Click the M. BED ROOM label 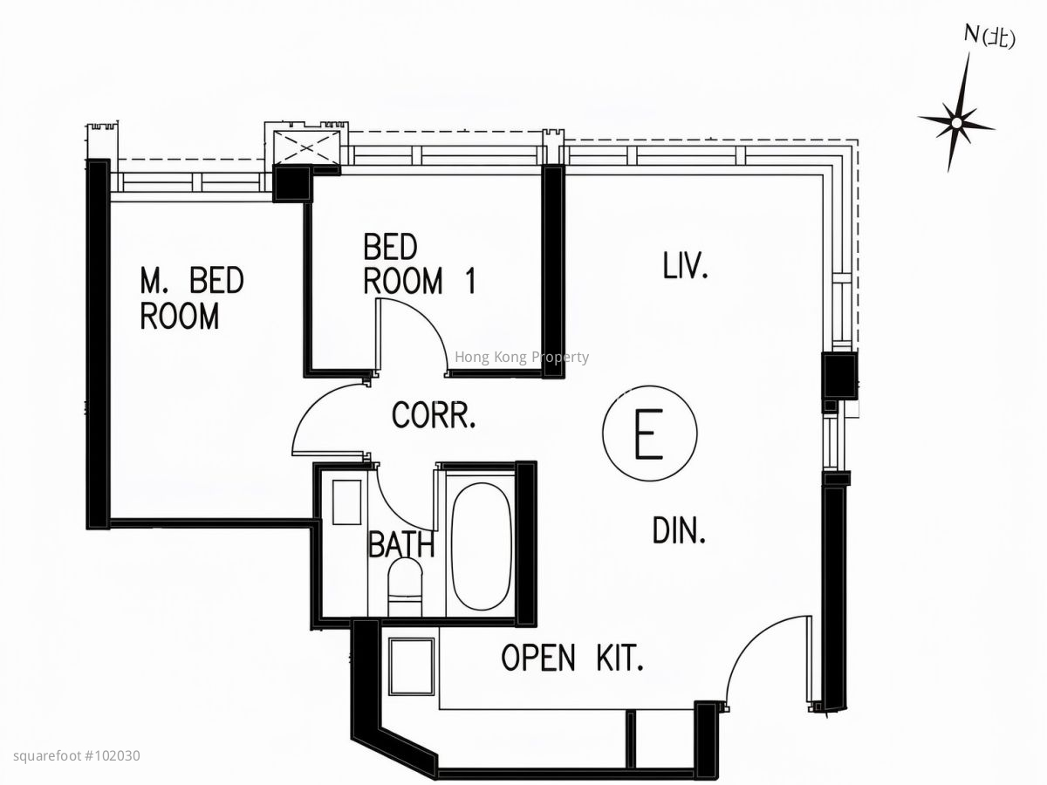[x=192, y=298]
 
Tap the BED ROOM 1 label [x=420, y=264]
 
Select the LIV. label [x=686, y=266]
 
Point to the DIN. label [x=679, y=531]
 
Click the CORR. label [x=434, y=416]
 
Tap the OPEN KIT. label [x=572, y=658]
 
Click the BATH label [x=401, y=544]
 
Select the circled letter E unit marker [x=650, y=433]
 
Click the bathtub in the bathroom [x=481, y=546]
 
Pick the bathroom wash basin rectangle [x=346, y=503]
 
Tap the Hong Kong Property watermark [x=522, y=357]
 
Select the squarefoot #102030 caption [x=77, y=756]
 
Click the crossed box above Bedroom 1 [x=307, y=147]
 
